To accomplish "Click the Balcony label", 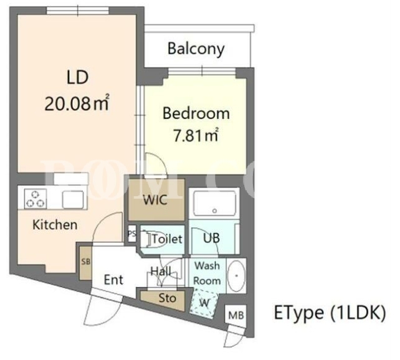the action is pos(196,49).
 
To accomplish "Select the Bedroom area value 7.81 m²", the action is pos(196,135).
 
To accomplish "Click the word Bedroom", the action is pos(196,113).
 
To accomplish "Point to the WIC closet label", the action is pos(155,200).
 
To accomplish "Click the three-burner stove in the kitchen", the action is pos(36,199).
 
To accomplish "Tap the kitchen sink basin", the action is pos(73,199).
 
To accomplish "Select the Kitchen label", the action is pos(55,225).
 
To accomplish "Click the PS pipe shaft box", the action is pos(132,234).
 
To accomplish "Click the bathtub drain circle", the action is pos(214,211).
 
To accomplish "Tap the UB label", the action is pos(211,238).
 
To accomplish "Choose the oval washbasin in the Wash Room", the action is pos(236,276).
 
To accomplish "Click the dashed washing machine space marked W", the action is pos(204,303).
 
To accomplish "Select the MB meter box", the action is pos(236,316).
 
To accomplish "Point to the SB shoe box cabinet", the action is pos(86,263).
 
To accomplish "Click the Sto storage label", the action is pos(168,298).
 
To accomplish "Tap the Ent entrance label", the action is pos(113,280).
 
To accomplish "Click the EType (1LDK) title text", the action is pos(330,313).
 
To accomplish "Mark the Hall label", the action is pos(161,272).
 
